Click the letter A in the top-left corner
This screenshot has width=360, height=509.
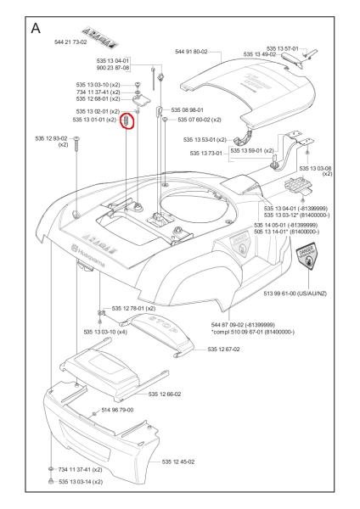click(37, 28)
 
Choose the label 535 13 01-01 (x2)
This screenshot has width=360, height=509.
click(95, 120)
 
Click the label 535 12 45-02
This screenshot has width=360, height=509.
click(179, 461)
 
